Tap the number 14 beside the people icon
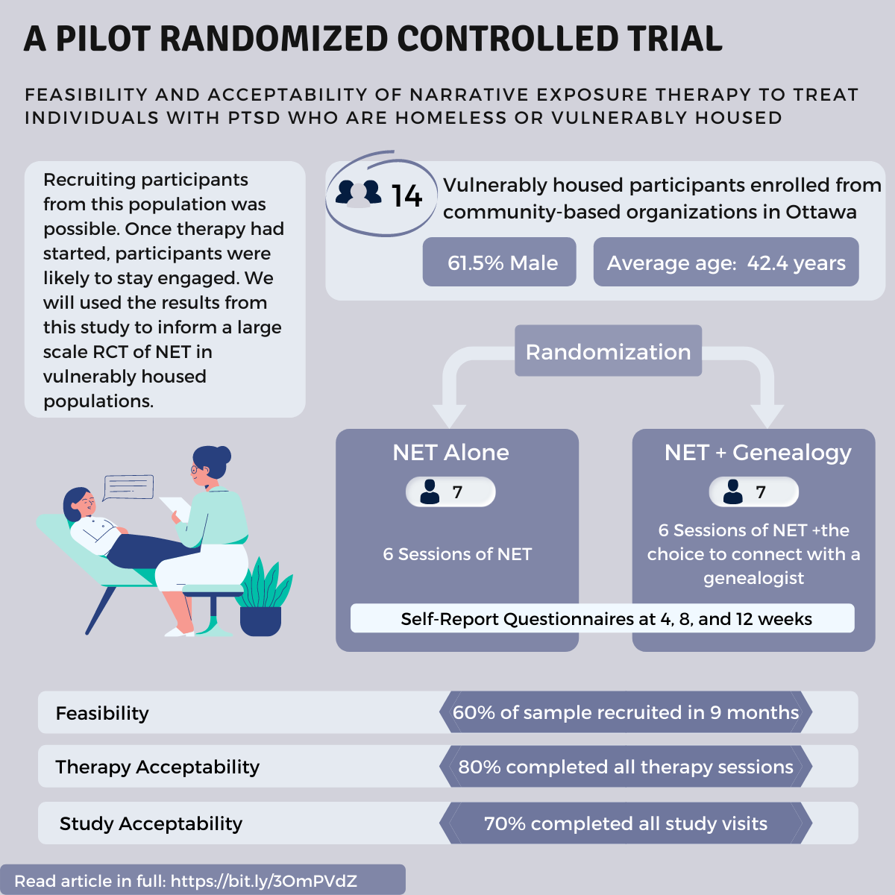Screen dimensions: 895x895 coord(406,196)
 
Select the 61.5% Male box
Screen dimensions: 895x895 coord(500,263)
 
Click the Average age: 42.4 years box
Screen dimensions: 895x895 coord(726,263)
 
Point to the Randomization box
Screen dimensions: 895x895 coord(608,351)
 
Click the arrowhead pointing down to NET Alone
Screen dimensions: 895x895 coord(449,415)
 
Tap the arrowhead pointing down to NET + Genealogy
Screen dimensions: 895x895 coord(767,415)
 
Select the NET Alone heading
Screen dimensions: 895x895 coord(450,453)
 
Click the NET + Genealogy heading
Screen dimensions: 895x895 coord(757,453)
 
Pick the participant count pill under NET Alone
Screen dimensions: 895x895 coord(450,492)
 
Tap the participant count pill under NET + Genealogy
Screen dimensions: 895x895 coord(753,492)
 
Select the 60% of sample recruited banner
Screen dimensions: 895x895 coord(625,712)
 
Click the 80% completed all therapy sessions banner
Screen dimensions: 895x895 coord(625,767)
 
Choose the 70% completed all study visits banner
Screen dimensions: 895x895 coord(625,823)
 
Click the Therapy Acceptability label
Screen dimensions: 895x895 coord(157,767)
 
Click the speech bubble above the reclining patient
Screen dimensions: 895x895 coord(129,488)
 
